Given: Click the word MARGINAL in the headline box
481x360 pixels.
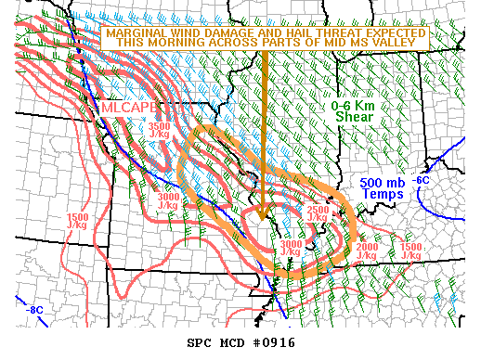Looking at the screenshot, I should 136,32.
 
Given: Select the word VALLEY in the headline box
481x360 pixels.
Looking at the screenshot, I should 400,44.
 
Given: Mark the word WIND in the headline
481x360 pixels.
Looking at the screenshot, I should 188,32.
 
